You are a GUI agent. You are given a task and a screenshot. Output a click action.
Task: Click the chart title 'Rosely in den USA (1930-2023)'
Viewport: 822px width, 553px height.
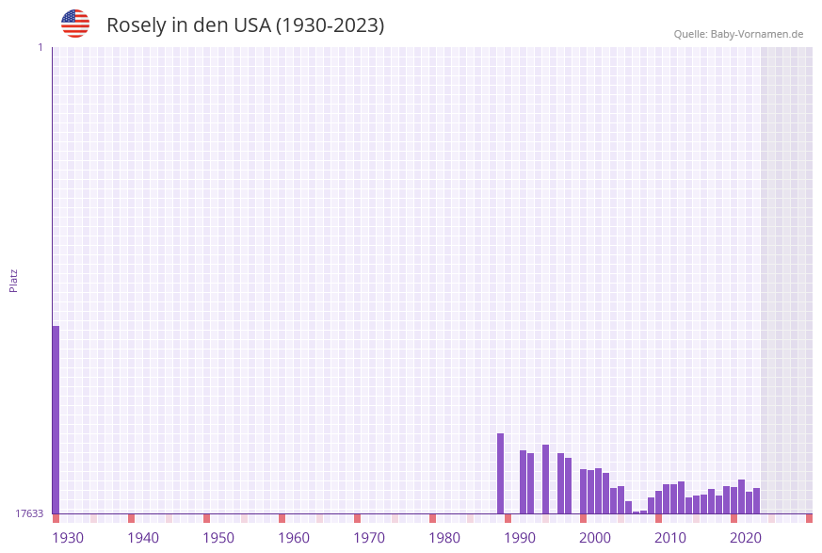coord(245,25)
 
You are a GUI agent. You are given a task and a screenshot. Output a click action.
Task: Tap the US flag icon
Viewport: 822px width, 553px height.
coord(75,24)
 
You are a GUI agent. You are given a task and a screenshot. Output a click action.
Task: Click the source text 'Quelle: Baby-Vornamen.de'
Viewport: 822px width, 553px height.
coord(738,34)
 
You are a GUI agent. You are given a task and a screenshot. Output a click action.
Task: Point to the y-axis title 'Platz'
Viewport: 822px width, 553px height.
coord(14,280)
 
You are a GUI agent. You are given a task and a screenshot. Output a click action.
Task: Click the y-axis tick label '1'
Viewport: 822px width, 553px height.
coord(40,47)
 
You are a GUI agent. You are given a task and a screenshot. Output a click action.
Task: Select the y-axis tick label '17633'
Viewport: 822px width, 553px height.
coord(29,513)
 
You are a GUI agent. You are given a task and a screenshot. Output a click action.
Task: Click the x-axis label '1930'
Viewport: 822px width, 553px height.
coord(68,538)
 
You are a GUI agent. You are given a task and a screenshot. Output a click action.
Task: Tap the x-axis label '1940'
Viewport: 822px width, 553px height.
coord(143,538)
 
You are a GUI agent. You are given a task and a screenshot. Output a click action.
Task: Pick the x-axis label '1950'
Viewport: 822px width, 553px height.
coord(218,538)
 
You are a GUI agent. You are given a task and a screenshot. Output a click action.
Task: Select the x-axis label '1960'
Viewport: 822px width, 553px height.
coord(294,538)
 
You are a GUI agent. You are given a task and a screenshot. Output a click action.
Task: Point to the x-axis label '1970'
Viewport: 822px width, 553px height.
coord(369,538)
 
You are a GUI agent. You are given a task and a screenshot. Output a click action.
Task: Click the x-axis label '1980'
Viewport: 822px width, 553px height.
coord(444,538)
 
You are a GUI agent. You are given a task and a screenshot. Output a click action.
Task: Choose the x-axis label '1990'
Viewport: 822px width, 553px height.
coord(520,538)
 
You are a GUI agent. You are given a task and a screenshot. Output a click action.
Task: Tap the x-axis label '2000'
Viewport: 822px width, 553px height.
coord(595,538)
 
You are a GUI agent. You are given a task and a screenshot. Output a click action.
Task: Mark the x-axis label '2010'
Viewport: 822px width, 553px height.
coord(670,538)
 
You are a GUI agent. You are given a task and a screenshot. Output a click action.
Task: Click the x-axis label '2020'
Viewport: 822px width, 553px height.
coord(746,538)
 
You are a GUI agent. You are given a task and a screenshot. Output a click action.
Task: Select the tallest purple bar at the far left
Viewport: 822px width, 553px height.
coord(56,419)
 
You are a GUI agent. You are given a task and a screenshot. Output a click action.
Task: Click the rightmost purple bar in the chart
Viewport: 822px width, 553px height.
coord(756,500)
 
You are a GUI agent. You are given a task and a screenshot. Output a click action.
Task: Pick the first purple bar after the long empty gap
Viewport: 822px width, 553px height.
coord(500,473)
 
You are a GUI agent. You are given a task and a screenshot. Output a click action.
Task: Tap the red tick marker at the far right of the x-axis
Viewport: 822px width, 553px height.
coord(809,518)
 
